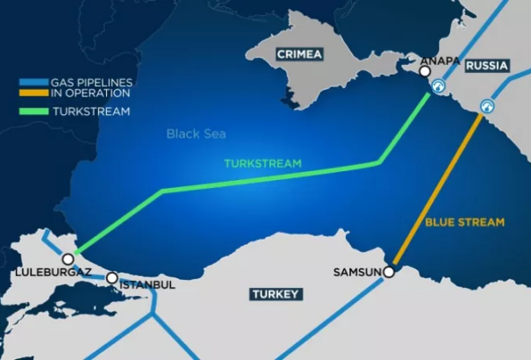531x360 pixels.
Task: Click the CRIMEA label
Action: coord(299,54)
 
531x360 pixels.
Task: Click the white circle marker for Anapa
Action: coord(425,72)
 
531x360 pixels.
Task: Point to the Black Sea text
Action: coord(197,134)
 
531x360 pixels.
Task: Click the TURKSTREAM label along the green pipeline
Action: coord(262,164)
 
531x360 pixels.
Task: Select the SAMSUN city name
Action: coord(356,272)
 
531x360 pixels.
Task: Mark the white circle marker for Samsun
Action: coord(389,272)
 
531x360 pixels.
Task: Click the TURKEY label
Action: coord(275,294)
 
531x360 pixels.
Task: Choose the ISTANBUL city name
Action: coord(147,285)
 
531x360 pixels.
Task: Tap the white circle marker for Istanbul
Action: coord(112,277)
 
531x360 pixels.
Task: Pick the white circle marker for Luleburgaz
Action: coord(68,259)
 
